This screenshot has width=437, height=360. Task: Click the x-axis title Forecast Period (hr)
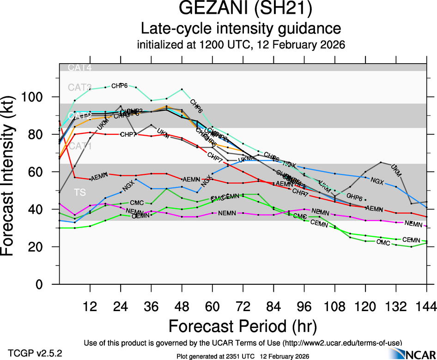[243, 326]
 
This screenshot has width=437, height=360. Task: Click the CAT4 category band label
[80, 68]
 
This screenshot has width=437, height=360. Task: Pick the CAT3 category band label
[80, 87]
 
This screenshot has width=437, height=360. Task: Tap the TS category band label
[79, 191]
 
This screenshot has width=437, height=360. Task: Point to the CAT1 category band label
[80, 147]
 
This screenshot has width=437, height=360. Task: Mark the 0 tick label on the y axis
[40, 285]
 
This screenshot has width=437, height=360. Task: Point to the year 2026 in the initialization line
[331, 45]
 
